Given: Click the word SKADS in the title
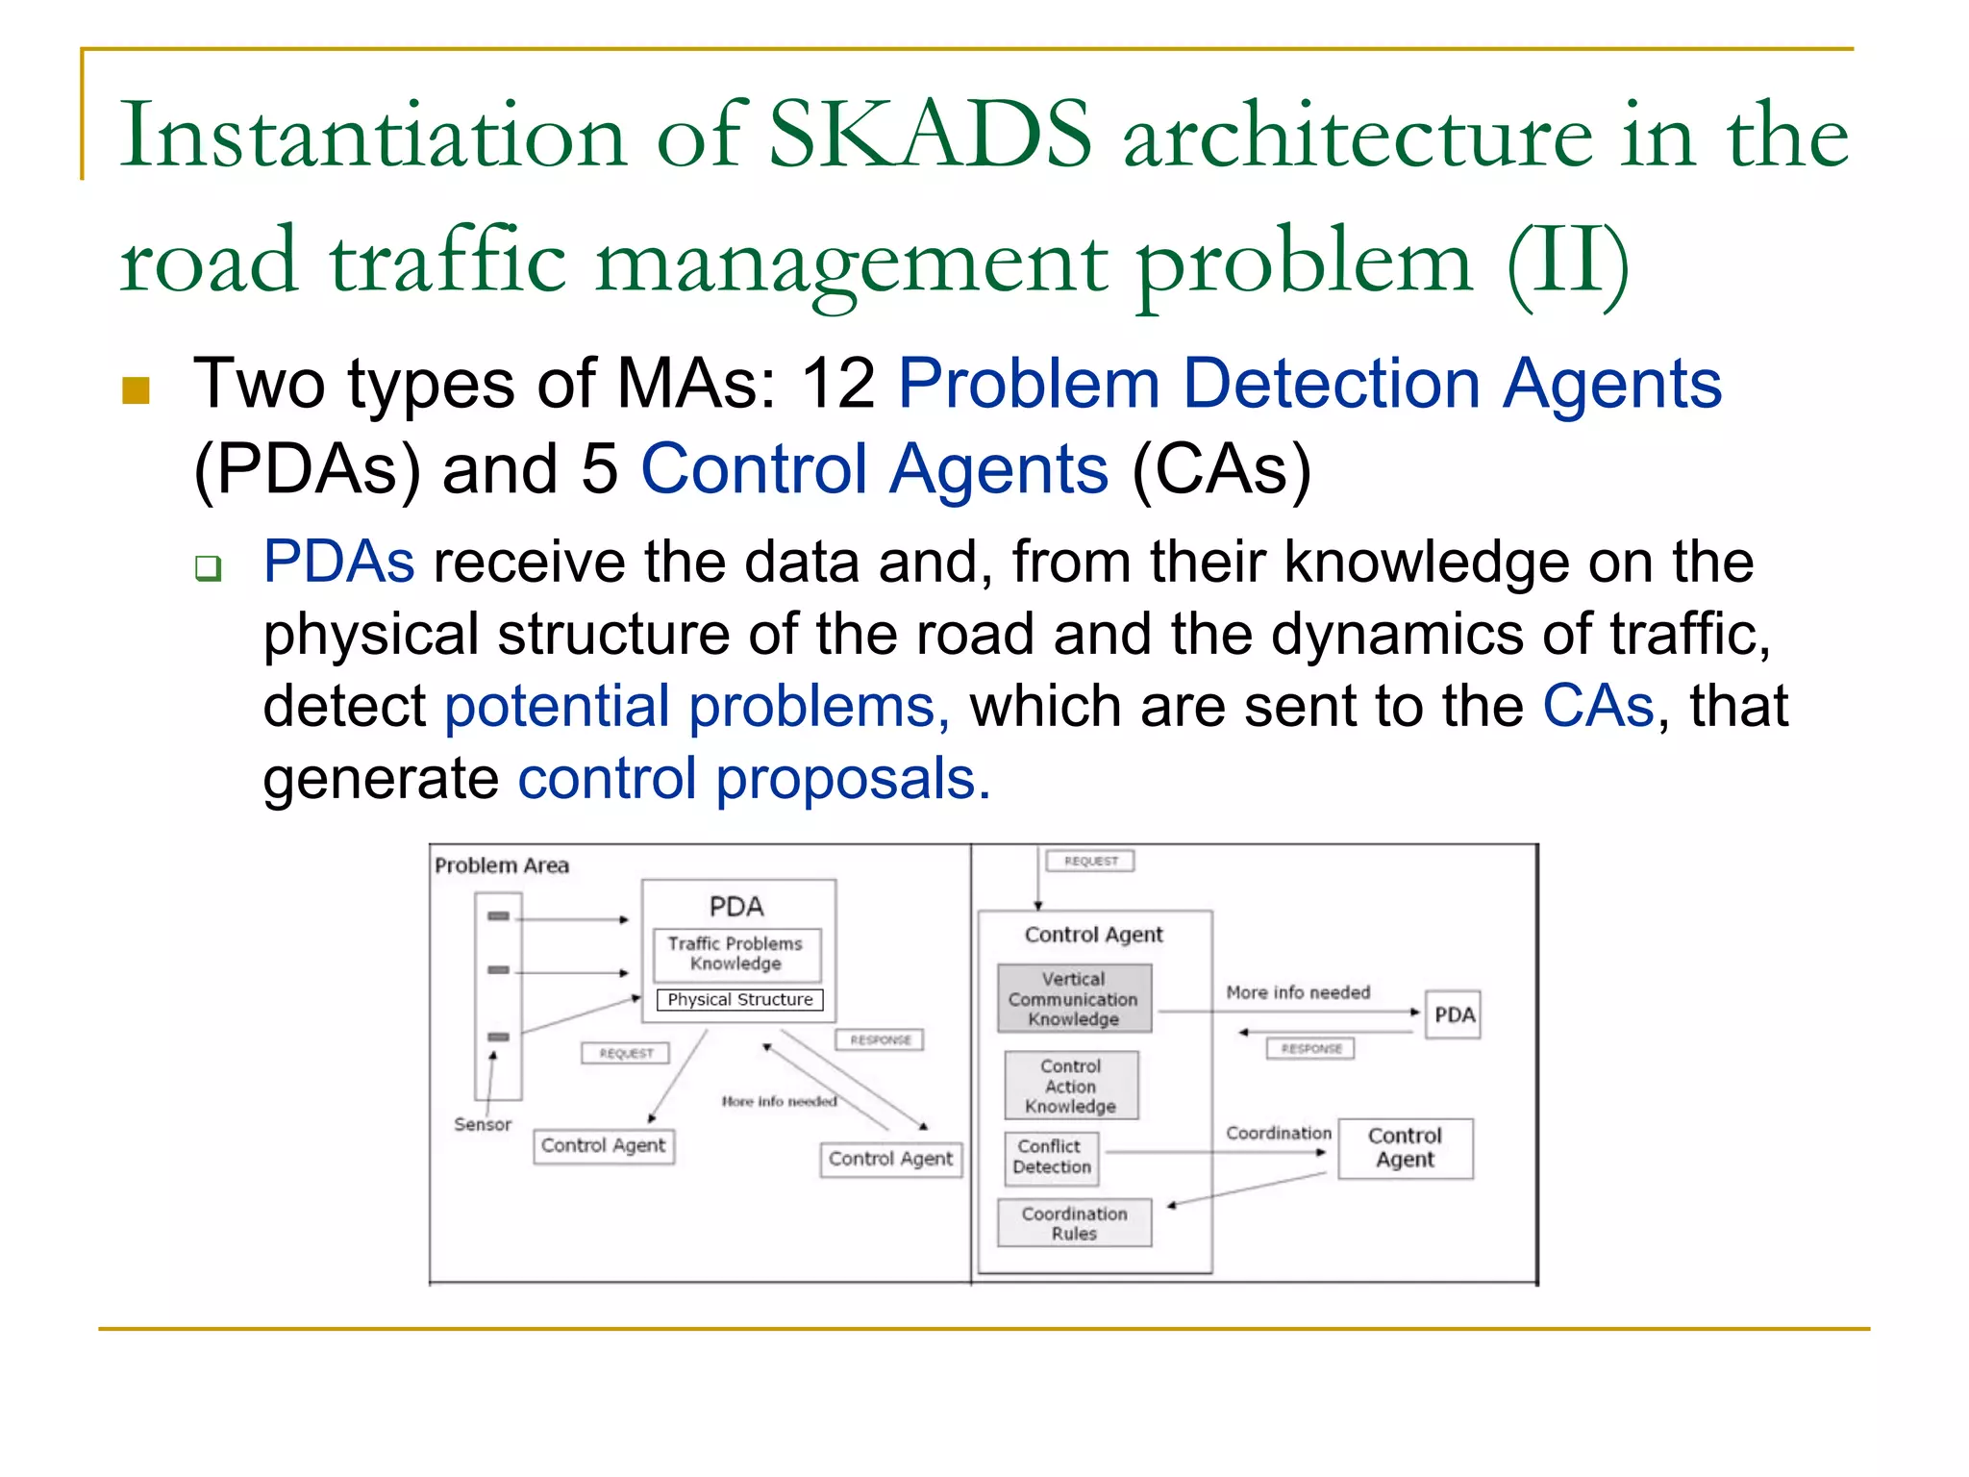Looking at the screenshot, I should [931, 135].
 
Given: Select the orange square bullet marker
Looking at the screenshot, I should [137, 389].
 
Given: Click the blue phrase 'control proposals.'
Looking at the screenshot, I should [754, 778].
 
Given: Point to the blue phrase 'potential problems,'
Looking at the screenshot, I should [697, 706].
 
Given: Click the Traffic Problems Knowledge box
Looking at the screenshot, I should [736, 954].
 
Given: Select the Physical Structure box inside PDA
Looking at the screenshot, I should [739, 999].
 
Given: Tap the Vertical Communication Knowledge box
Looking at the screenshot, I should [1074, 998].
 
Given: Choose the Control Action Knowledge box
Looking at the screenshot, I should [1071, 1086].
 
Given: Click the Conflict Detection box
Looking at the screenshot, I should [1052, 1157].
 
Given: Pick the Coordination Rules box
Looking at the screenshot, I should [1074, 1223].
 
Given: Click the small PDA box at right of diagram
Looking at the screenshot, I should [1453, 1014].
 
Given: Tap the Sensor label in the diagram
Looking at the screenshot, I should [483, 1124].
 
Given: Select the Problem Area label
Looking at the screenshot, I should [502, 865].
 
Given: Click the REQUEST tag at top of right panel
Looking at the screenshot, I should [1090, 861].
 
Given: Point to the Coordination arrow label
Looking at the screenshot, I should [1278, 1133].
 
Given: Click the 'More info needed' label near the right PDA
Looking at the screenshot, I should [1297, 991].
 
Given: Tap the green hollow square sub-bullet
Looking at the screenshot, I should [209, 567].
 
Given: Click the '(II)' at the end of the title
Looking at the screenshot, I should [1567, 262].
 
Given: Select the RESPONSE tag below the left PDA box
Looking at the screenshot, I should [880, 1039].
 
